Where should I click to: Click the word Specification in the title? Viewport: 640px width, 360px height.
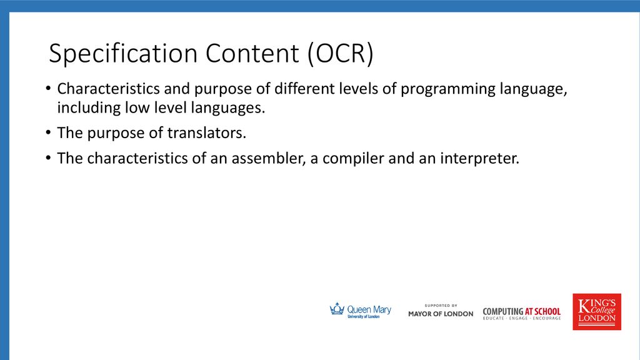[x=123, y=54]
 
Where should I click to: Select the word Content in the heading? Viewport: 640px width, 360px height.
[x=252, y=53]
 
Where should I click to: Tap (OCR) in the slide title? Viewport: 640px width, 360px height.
[x=341, y=54]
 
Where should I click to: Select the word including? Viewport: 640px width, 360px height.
[x=89, y=108]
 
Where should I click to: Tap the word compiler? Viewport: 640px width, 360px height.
[x=354, y=159]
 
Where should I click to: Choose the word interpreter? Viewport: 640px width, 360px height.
[x=479, y=159]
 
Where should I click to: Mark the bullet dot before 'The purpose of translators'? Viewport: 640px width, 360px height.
[x=48, y=132]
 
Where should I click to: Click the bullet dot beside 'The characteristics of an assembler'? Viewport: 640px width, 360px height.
[x=48, y=158]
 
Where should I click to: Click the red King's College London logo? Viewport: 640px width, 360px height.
[x=597, y=312]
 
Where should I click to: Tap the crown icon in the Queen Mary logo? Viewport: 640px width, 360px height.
[x=337, y=309]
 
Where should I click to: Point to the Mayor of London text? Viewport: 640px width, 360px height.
[x=441, y=314]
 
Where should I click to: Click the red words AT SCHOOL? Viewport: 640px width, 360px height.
[x=542, y=311]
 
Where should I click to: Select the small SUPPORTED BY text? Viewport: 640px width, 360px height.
[x=441, y=305]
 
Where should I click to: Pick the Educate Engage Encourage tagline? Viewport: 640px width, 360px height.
[x=522, y=318]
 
